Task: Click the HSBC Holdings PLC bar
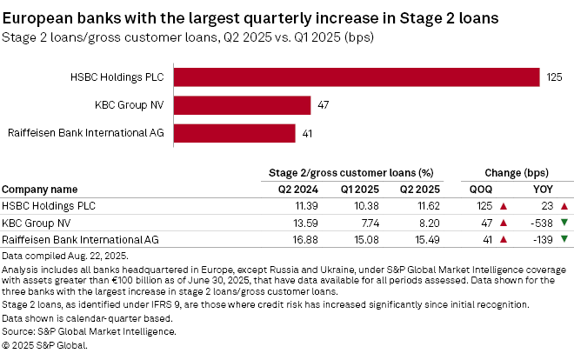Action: (x=357, y=77)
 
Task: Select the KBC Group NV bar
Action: (x=243, y=105)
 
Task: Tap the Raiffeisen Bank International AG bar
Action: (x=235, y=133)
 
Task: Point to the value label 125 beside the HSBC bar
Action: (x=555, y=77)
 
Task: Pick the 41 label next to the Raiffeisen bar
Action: (x=308, y=134)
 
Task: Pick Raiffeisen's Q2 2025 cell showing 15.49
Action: (x=423, y=239)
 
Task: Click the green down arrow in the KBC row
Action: (x=564, y=223)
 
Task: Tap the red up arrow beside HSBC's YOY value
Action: (x=564, y=206)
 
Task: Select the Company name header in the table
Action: (x=39, y=189)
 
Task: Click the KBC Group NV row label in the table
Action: (x=38, y=223)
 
